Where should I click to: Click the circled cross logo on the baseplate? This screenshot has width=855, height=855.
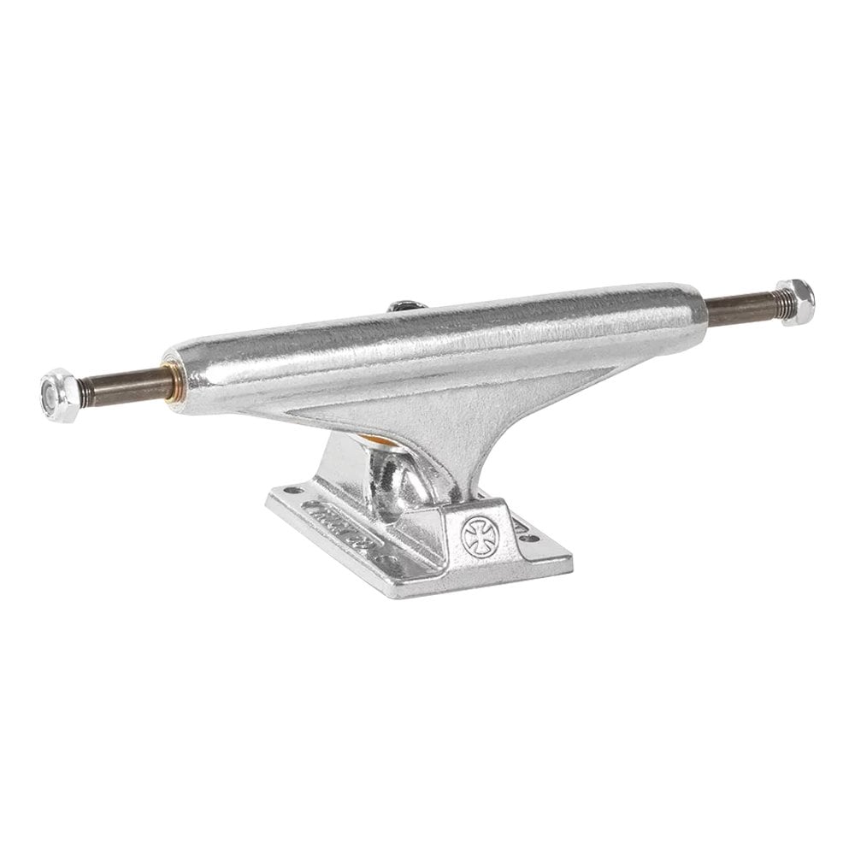tap(475, 535)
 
